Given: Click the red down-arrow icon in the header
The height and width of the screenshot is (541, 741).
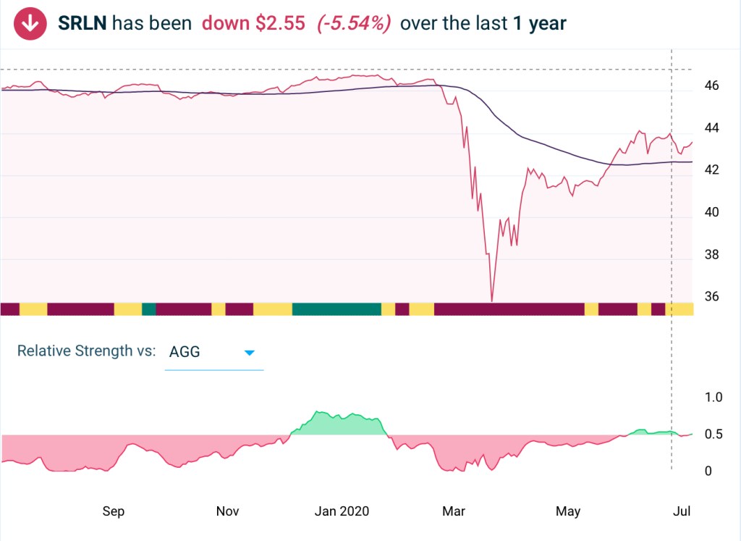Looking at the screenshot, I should coord(30,23).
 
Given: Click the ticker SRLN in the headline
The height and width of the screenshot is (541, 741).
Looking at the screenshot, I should coord(82,23).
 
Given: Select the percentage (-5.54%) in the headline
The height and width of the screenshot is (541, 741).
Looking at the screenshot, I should coord(354,23).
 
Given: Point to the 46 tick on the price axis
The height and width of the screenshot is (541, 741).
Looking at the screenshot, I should coord(711,86).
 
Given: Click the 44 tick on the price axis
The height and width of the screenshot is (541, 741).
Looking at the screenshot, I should coord(711,128).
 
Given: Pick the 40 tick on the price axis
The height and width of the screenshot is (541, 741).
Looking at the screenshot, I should coord(711,213).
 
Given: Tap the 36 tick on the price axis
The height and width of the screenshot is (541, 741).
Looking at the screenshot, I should coord(711,297).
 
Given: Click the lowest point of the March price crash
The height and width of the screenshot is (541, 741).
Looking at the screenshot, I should coord(491,300).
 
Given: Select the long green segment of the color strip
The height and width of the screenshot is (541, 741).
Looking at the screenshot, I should coord(336,309).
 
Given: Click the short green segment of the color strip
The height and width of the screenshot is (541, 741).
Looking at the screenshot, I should coord(149,309).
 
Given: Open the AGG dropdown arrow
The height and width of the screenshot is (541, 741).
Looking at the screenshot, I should coord(250,353).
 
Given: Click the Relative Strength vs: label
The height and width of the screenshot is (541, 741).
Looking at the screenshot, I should coord(86,351).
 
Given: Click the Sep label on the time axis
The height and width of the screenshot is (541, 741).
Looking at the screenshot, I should coord(114,511).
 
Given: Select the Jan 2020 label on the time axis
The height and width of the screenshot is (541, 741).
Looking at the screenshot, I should coord(342,511).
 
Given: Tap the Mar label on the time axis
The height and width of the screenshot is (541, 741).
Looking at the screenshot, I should coord(454,511).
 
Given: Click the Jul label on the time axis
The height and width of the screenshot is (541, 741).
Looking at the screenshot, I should coord(681,511).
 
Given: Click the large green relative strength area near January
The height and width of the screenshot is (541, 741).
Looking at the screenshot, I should coord(336,424).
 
